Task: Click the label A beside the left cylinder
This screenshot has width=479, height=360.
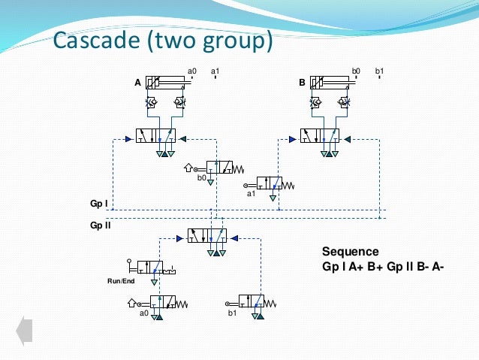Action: [x=138, y=83]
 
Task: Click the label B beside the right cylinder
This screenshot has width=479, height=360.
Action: [x=302, y=83]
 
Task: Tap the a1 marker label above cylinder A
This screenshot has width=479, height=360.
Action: [x=215, y=71]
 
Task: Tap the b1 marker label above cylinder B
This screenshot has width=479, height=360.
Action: [x=379, y=71]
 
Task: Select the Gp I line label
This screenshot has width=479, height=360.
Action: [x=98, y=204]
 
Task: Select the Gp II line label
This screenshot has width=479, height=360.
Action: [x=100, y=224]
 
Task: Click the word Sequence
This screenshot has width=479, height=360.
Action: [x=350, y=252]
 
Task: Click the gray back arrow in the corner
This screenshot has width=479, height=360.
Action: [x=25, y=331]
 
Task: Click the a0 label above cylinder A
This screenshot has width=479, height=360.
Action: [x=192, y=71]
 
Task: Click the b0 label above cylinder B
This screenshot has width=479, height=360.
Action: [x=356, y=71]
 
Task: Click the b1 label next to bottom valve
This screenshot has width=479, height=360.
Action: [x=233, y=313]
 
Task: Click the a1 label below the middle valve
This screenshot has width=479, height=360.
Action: [x=252, y=193]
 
